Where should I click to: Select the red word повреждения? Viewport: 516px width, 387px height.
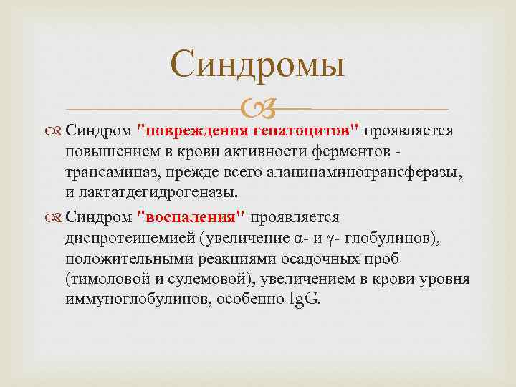[x=195, y=132]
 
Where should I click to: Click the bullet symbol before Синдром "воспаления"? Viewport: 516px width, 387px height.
[x=54, y=218]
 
